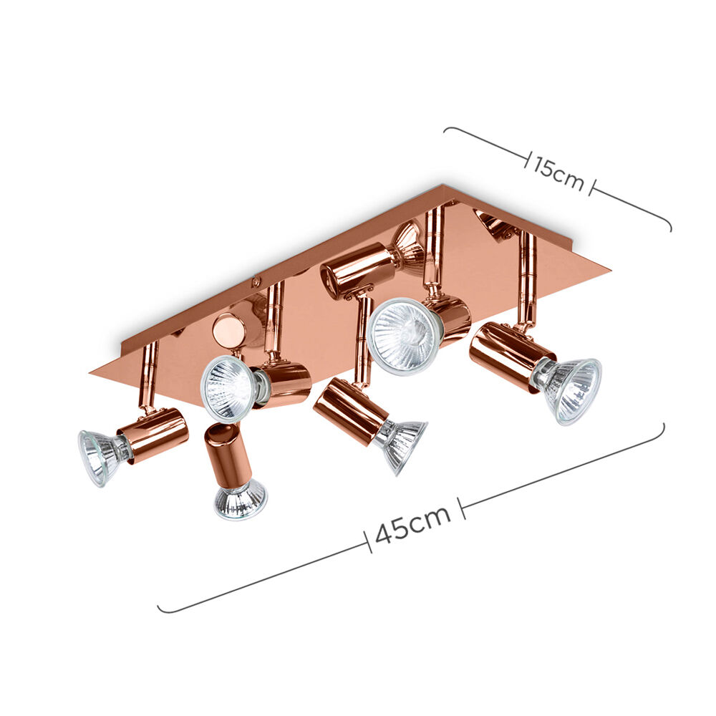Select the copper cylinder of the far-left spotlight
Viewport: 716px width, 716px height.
(153, 435)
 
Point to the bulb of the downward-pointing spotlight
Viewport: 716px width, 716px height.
(240, 500)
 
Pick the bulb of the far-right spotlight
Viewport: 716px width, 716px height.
(574, 390)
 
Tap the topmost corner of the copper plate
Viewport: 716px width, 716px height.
(443, 185)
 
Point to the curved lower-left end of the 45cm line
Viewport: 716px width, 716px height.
(160, 609)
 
